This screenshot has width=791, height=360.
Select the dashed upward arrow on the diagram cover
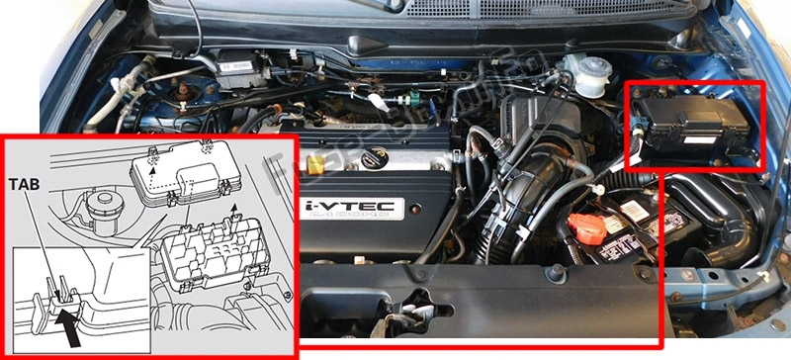[x=152, y=169]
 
